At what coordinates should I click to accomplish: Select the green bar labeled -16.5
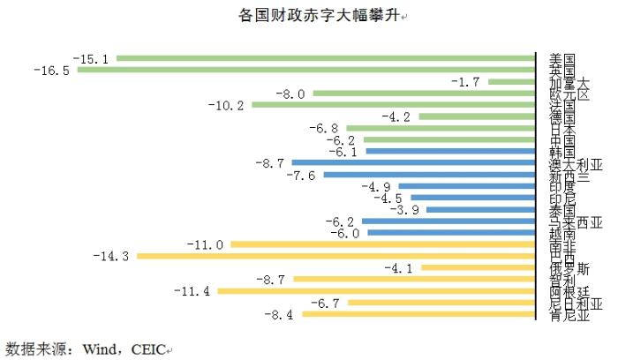[x=306, y=71]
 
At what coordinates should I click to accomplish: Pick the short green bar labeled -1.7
[x=512, y=82]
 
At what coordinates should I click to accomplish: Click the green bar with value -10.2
[x=394, y=105]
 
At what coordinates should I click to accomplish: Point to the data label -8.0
[x=290, y=94]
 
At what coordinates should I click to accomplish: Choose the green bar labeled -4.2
[x=477, y=116]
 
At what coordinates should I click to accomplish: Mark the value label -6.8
[x=323, y=129]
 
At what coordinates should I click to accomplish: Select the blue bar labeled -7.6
[x=429, y=175]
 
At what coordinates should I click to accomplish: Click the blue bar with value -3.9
[x=480, y=210]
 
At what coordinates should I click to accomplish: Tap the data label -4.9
[x=376, y=186]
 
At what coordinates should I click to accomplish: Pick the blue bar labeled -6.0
[x=451, y=233]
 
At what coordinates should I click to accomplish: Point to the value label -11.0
[x=206, y=244]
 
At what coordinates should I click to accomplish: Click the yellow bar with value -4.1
[x=479, y=267]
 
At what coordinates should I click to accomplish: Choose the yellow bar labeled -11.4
[x=376, y=290]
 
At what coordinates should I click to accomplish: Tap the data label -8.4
[x=280, y=314]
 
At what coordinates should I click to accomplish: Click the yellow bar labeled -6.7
[x=441, y=303]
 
